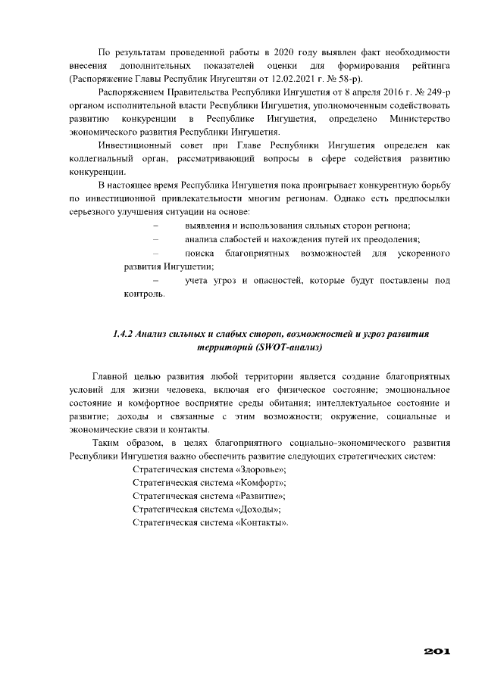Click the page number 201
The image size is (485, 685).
pos(438,650)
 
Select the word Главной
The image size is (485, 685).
pos(111,375)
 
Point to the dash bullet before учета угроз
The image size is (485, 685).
pos(156,281)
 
